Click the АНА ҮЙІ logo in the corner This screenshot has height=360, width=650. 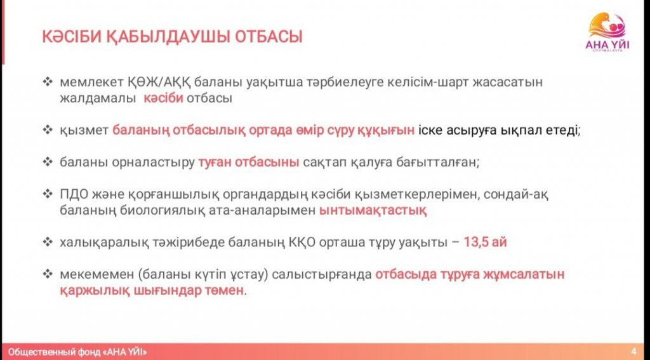608,31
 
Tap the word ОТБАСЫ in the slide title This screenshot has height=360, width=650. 269,36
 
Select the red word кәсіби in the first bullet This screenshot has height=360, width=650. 163,98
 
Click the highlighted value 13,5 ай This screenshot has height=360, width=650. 485,242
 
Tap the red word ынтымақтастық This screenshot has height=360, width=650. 373,211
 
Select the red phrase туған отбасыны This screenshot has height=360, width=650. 248,163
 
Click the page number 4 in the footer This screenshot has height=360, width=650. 634,352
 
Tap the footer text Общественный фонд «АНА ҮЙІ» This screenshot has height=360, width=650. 77,352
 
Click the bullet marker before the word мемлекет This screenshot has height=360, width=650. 48,82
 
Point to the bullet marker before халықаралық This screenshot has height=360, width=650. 48,242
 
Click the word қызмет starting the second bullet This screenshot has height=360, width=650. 84,131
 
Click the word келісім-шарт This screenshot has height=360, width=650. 425,83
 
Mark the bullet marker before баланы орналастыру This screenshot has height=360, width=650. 48,163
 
